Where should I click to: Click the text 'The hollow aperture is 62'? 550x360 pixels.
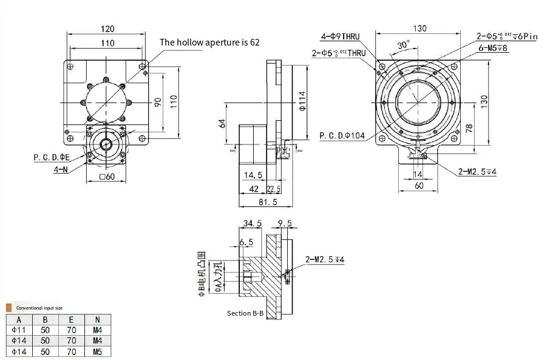(x=209, y=42)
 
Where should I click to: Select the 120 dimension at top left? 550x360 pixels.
(x=107, y=29)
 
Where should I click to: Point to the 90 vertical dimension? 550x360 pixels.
(x=157, y=101)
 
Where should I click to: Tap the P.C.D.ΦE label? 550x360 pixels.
(x=52, y=157)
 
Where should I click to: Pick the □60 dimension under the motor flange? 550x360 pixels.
(x=107, y=177)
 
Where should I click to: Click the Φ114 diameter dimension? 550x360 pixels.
(x=302, y=102)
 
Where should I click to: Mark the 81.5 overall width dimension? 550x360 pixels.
(x=268, y=202)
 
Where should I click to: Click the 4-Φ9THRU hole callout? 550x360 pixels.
(x=340, y=36)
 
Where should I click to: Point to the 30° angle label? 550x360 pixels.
(x=403, y=46)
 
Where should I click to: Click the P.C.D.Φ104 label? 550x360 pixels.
(x=342, y=135)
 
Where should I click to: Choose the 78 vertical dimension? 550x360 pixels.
(x=469, y=128)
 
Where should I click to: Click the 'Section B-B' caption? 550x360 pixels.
(x=245, y=313)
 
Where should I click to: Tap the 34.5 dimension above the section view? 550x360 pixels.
(x=253, y=223)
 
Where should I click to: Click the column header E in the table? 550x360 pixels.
(x=72, y=320)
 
